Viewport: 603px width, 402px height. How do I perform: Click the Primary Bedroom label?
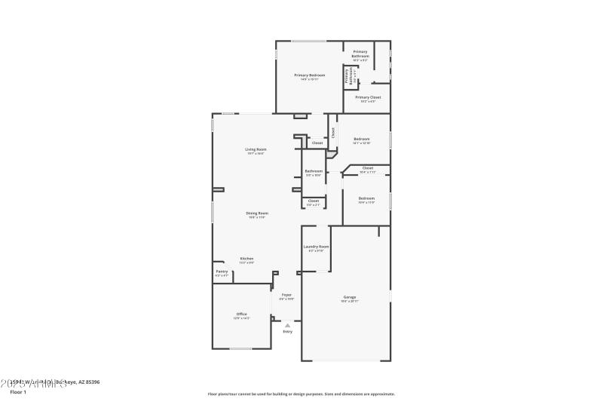click(x=310, y=75)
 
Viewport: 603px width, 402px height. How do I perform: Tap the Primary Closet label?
click(x=368, y=97)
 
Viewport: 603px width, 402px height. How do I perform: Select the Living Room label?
click(x=256, y=149)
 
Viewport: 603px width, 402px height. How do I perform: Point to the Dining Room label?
click(x=257, y=213)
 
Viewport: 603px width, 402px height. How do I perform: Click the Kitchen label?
click(x=246, y=259)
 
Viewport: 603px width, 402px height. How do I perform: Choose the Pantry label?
click(x=222, y=272)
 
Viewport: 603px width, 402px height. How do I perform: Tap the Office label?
click(x=242, y=314)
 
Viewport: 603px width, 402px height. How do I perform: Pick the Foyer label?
click(x=286, y=295)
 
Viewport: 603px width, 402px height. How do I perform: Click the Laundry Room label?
click(x=316, y=247)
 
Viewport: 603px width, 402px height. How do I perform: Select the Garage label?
click(x=349, y=297)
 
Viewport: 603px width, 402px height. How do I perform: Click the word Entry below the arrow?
click(x=287, y=332)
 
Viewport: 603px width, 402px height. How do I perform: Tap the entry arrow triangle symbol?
click(x=287, y=325)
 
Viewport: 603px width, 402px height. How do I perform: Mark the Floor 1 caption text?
click(x=17, y=392)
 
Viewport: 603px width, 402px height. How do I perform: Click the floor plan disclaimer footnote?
click(x=301, y=394)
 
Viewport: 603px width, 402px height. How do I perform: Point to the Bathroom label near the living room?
click(x=314, y=171)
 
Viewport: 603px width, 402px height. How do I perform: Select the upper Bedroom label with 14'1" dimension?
click(x=362, y=139)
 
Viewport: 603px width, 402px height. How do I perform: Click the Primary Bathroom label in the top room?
click(x=360, y=54)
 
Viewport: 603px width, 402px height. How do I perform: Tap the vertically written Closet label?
click(x=332, y=132)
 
